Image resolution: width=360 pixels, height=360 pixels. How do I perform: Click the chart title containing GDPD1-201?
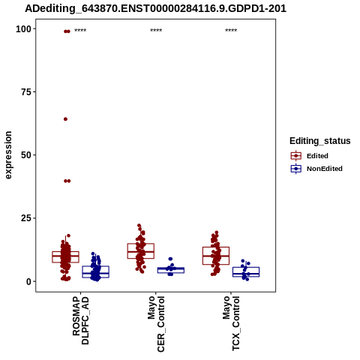pyautogui.click(x=155, y=9)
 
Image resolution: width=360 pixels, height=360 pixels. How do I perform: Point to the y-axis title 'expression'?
pyautogui.click(x=8, y=155)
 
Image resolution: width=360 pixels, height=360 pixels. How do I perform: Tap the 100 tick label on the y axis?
pyautogui.click(x=24, y=29)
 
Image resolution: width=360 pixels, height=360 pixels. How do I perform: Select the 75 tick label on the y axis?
pyautogui.click(x=26, y=92)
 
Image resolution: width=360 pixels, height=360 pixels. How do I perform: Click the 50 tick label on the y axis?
pyautogui.click(x=26, y=155)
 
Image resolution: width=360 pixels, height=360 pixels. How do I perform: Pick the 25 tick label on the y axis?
pyautogui.click(x=26, y=218)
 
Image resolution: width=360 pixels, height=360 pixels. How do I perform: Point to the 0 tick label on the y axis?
pyautogui.click(x=29, y=281)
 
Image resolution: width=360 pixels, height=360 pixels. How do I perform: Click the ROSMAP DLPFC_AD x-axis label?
pyautogui.click(x=80, y=320)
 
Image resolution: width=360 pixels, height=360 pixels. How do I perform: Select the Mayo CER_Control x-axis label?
pyautogui.click(x=156, y=324)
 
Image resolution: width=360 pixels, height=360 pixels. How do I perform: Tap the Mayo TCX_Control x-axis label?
pyautogui.click(x=231, y=323)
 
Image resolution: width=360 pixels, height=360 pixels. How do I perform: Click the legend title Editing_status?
pyautogui.click(x=320, y=141)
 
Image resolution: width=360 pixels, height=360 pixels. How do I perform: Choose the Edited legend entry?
pyautogui.click(x=310, y=156)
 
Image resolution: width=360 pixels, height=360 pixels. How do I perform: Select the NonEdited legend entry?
pyautogui.click(x=316, y=169)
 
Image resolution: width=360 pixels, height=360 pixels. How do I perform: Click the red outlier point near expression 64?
pyautogui.click(x=65, y=119)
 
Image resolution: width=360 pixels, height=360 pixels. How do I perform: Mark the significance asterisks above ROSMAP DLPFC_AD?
pyautogui.click(x=80, y=31)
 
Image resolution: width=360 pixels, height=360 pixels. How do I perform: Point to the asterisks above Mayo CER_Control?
pyautogui.click(x=156, y=31)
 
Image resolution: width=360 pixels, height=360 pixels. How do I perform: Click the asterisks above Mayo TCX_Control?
pyautogui.click(x=231, y=31)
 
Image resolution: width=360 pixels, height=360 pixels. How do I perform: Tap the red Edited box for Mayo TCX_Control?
pyautogui.click(x=216, y=247)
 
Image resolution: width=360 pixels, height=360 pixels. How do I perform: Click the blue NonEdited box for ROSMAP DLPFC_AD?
pyautogui.click(x=95, y=266)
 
